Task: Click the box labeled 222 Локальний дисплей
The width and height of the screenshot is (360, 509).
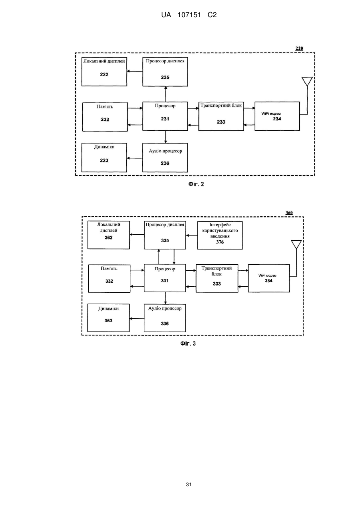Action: tap(104, 72)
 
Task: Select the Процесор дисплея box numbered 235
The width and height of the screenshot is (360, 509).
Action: tap(165, 72)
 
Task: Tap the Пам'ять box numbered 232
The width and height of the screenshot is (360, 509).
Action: tap(105, 117)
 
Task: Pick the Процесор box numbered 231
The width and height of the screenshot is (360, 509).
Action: tap(165, 116)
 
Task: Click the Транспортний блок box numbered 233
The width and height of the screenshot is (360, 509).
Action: tap(221, 116)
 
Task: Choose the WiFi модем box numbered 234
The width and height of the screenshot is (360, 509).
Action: tap(277, 116)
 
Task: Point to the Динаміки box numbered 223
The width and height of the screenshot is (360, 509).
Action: tap(104, 158)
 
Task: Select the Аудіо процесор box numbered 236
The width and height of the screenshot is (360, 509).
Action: tap(165, 158)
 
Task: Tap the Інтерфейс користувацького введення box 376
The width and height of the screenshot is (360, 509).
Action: tap(220, 235)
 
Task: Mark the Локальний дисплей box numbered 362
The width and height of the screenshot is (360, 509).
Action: tap(109, 235)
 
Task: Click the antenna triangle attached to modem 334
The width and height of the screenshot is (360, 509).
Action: tap(296, 244)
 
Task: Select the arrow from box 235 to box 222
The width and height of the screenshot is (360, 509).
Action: tap(135, 71)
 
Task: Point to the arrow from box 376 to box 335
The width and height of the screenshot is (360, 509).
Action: tap(191, 236)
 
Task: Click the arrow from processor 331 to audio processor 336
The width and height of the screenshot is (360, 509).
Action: tap(165, 298)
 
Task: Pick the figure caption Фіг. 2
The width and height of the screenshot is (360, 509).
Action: tap(196, 184)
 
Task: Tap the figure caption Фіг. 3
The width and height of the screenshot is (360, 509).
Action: tap(188, 343)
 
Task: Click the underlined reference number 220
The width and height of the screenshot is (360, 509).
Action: tap(299, 48)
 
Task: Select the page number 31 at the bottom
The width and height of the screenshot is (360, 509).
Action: tap(189, 485)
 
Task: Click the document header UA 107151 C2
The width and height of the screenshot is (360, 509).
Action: tap(189, 15)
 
